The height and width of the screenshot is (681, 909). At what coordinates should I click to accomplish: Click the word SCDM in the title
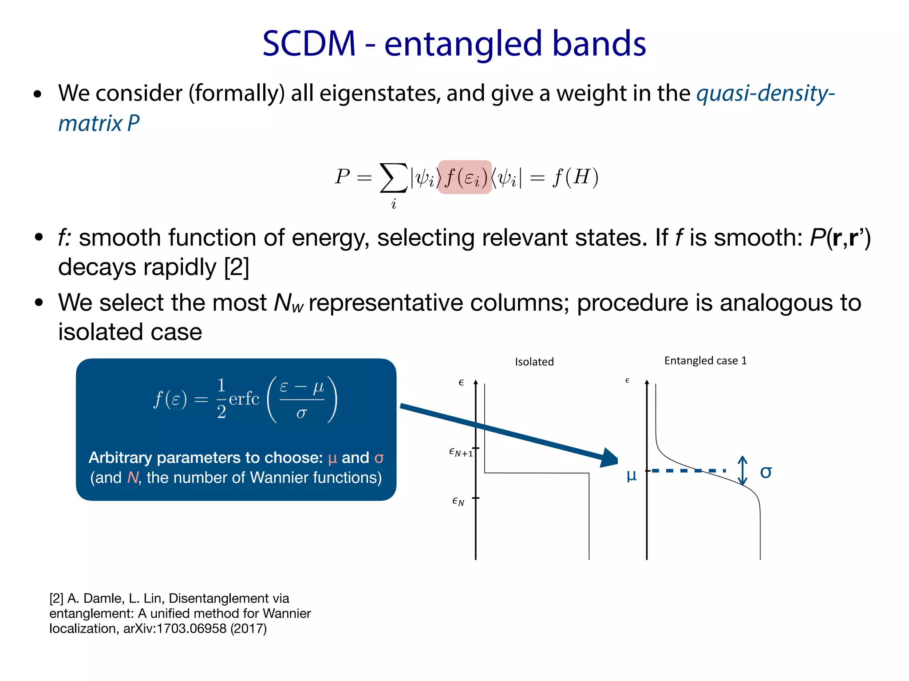(309, 43)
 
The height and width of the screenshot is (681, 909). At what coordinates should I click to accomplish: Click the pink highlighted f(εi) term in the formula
(465, 177)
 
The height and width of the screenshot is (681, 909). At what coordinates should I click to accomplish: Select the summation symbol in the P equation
(393, 177)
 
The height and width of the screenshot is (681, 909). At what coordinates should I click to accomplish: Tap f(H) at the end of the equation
(576, 177)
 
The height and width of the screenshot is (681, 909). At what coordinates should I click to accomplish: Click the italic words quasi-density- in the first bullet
(765, 94)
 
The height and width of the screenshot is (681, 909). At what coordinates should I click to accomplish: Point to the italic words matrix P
(99, 123)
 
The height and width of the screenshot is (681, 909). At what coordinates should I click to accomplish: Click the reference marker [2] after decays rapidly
(237, 267)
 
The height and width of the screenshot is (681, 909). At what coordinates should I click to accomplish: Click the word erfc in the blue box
(244, 399)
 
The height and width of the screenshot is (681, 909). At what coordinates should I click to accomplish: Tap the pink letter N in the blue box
(133, 477)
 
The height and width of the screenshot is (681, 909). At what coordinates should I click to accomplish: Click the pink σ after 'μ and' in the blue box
(379, 458)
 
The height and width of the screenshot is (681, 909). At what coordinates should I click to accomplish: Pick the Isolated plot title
(534, 362)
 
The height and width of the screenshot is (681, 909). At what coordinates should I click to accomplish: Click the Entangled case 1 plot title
(705, 360)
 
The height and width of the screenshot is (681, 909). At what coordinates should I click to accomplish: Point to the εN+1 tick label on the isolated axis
(460, 453)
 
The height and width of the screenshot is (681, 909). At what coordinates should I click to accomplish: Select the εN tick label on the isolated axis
(458, 501)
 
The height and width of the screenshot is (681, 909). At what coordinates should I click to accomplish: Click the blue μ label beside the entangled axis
(631, 475)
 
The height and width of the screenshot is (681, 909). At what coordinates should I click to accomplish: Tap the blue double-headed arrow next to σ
(742, 470)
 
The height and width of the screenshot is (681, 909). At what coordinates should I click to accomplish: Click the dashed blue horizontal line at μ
(688, 470)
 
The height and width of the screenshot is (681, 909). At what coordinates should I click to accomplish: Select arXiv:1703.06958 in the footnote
(175, 629)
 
